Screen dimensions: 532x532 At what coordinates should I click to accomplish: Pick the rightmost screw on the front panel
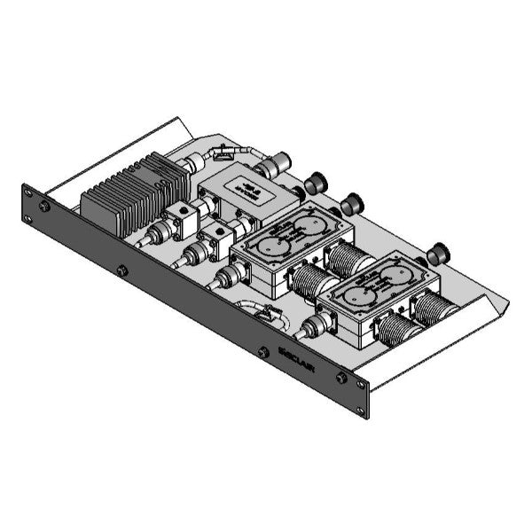(341, 379)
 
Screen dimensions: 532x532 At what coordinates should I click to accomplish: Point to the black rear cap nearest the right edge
(436, 255)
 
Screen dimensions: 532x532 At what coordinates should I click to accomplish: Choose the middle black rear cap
(352, 205)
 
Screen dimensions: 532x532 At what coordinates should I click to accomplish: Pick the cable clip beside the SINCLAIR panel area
(259, 313)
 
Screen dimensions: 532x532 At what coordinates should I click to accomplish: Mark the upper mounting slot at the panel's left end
(27, 190)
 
